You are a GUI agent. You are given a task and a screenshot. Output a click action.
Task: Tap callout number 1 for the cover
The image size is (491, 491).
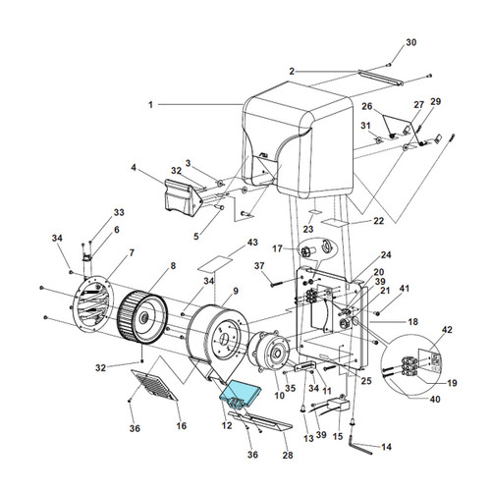coord(151,104)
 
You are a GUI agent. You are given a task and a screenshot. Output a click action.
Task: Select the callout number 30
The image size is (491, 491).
coord(411,42)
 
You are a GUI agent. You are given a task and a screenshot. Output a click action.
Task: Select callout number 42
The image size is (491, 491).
coord(448,330)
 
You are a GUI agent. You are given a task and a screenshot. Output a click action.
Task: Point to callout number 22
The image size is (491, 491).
coord(351,221)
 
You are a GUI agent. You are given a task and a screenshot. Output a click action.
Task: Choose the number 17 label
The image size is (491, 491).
coord(278,248)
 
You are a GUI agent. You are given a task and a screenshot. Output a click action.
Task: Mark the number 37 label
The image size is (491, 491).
coord(259,266)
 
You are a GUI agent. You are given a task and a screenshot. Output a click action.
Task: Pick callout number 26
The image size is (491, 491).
coord(367,107)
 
